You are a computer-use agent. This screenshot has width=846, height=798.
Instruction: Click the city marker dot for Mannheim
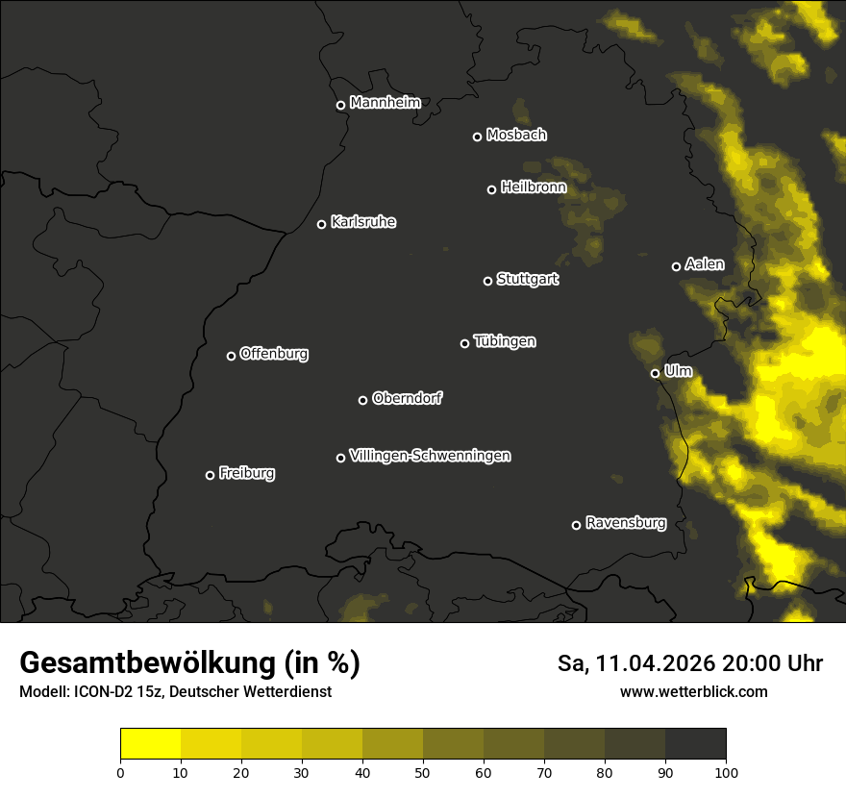[x=340, y=106]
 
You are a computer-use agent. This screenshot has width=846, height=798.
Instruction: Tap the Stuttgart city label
[x=527, y=279]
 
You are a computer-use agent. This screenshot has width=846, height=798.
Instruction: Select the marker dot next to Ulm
[x=655, y=373]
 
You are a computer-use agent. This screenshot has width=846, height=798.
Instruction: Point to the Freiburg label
[x=246, y=473]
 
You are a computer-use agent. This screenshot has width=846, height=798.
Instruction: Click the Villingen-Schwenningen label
[x=430, y=456]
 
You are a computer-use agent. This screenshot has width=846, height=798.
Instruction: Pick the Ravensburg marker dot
[x=576, y=525]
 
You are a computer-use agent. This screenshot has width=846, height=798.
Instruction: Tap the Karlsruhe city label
[x=362, y=222]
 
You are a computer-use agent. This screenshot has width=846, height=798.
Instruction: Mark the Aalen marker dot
[x=676, y=266]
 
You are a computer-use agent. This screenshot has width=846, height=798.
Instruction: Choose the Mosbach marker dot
[x=477, y=137]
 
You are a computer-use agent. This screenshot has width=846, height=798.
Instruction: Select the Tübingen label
[x=505, y=341]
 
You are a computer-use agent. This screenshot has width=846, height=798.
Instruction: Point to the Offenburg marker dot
[x=231, y=356]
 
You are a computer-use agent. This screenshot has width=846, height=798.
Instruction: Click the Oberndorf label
[x=407, y=398]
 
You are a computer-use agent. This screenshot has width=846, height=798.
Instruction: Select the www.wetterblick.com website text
[x=693, y=691]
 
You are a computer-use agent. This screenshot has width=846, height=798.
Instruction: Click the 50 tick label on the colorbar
[x=423, y=771]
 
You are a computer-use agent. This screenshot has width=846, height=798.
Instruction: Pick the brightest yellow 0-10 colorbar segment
[x=151, y=744]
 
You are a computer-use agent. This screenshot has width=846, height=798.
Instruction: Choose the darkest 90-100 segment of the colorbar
[x=695, y=744]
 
